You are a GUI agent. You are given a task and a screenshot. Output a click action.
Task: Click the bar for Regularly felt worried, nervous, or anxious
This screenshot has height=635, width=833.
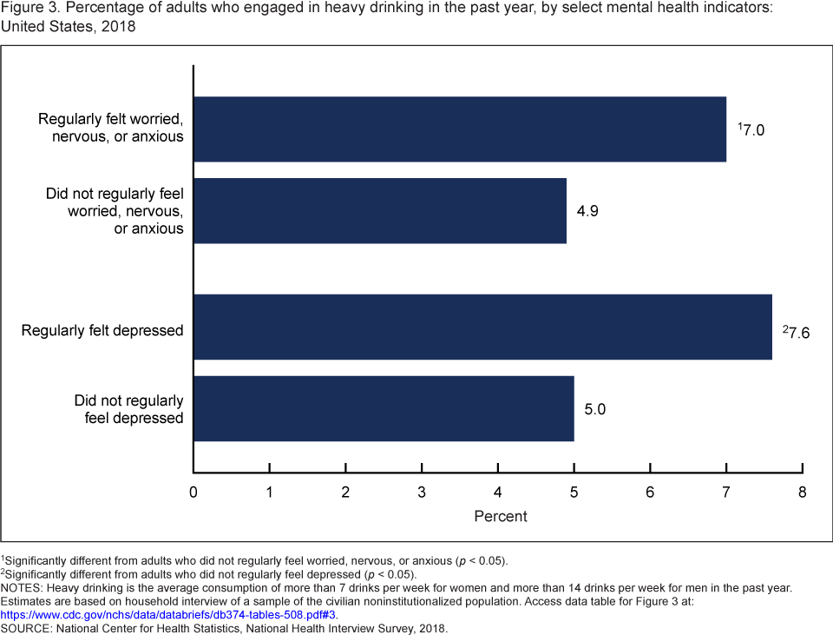coord(460,129)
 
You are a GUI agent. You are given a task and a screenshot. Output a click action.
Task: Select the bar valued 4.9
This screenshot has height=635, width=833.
coord(380,210)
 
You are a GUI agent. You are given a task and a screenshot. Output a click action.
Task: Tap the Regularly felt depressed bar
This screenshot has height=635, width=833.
coord(482,327)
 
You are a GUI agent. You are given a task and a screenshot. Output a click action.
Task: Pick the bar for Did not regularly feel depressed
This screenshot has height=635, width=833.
coord(384,408)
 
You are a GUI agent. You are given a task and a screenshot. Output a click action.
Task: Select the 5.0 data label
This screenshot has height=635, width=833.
coord(594,408)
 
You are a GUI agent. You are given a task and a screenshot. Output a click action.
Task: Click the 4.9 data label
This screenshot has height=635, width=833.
coord(587,210)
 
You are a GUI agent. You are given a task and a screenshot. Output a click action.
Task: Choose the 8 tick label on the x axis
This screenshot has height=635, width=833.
coord(803,493)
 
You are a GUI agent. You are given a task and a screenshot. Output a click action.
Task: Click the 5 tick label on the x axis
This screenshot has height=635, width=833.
coord(574,493)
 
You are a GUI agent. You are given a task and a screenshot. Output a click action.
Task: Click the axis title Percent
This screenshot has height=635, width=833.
coord(500,516)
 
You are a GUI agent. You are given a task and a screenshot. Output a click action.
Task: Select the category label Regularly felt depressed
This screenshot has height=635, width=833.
coord(102,331)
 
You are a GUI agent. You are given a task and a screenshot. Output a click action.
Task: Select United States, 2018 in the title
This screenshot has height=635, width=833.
coord(68,25)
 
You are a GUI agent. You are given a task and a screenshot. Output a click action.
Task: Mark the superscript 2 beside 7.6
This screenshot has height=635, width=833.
coord(785,327)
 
